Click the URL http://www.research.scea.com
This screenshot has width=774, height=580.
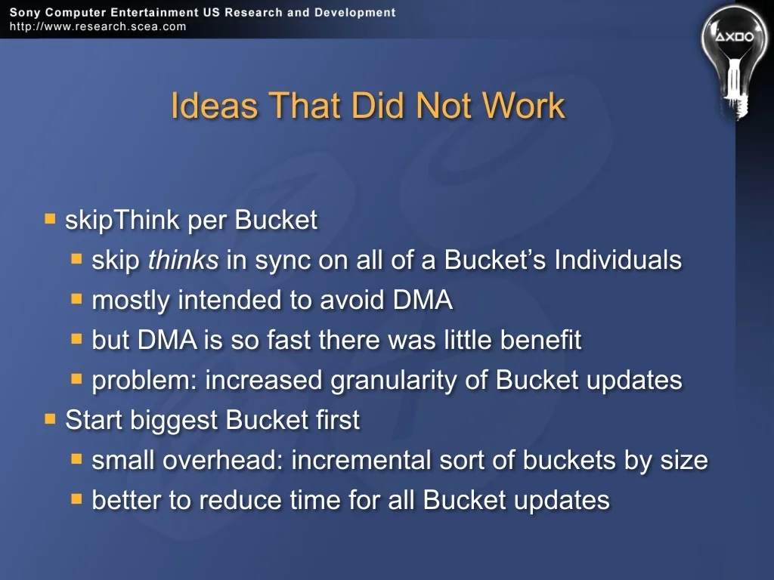[x=98, y=26]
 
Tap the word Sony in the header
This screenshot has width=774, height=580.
[x=25, y=12]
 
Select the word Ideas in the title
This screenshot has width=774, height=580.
[x=214, y=106]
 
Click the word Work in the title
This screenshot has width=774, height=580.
[x=523, y=106]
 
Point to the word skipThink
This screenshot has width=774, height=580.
[x=122, y=220]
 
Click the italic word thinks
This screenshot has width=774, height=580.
[x=183, y=260]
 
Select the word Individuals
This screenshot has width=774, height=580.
[x=618, y=260]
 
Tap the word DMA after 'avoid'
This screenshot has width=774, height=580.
[x=423, y=300]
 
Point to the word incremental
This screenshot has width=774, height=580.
[x=361, y=460]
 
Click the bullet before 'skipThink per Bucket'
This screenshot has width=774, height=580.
[x=50, y=218]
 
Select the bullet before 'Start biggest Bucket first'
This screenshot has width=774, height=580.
[x=50, y=418]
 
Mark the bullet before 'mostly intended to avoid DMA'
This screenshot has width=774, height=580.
[x=76, y=299]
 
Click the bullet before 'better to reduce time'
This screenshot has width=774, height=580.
[x=76, y=499]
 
